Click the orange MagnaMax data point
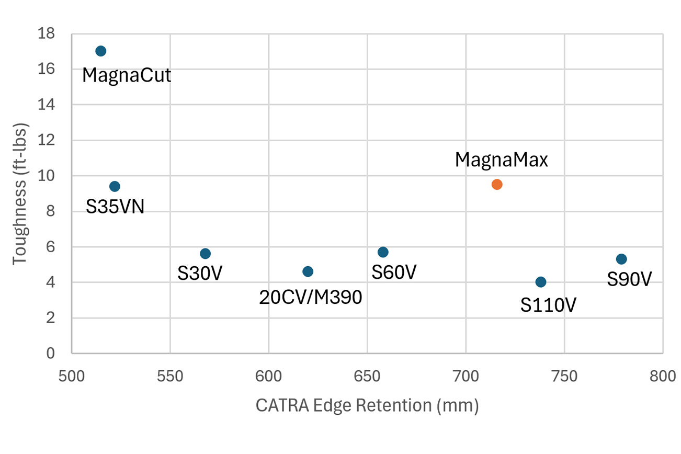(497, 184)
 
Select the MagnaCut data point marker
(101, 51)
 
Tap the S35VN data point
(115, 186)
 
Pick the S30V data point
(205, 254)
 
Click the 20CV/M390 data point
(308, 271)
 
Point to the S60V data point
(383, 252)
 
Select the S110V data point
(541, 282)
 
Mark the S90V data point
(621, 259)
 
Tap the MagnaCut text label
(127, 76)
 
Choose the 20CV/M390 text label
(310, 298)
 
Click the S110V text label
(548, 305)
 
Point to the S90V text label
(629, 280)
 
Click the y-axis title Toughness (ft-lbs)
(19, 194)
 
